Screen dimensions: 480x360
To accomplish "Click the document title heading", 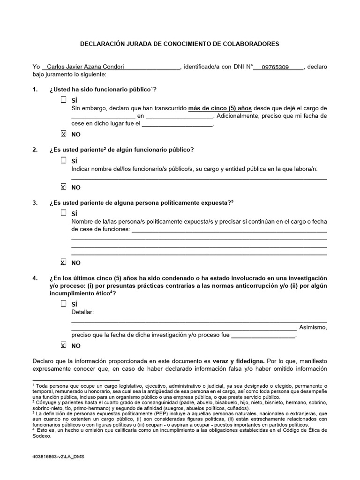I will pyautogui.click(x=180, y=44).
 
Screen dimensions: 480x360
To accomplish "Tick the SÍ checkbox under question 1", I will pyautogui.click(x=64, y=100).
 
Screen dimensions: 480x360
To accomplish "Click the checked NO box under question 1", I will pyautogui.click(x=64, y=134).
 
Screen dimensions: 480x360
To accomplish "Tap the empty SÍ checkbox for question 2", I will pyautogui.click(x=64, y=160).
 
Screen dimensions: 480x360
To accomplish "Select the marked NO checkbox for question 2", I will pyautogui.click(x=64, y=187).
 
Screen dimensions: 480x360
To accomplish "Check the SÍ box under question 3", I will pyautogui.click(x=64, y=213).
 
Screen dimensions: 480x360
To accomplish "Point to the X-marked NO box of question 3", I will pyautogui.click(x=64, y=262).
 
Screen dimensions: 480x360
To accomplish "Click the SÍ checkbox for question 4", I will pyautogui.click(x=64, y=304).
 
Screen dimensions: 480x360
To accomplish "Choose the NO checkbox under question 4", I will pyautogui.click(x=64, y=345).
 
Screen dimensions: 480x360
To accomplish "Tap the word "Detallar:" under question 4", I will pyautogui.click(x=83, y=312).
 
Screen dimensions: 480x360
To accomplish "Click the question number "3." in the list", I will pyautogui.click(x=35, y=202).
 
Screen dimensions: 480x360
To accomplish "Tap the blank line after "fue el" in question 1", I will pyautogui.click(x=177, y=125).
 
